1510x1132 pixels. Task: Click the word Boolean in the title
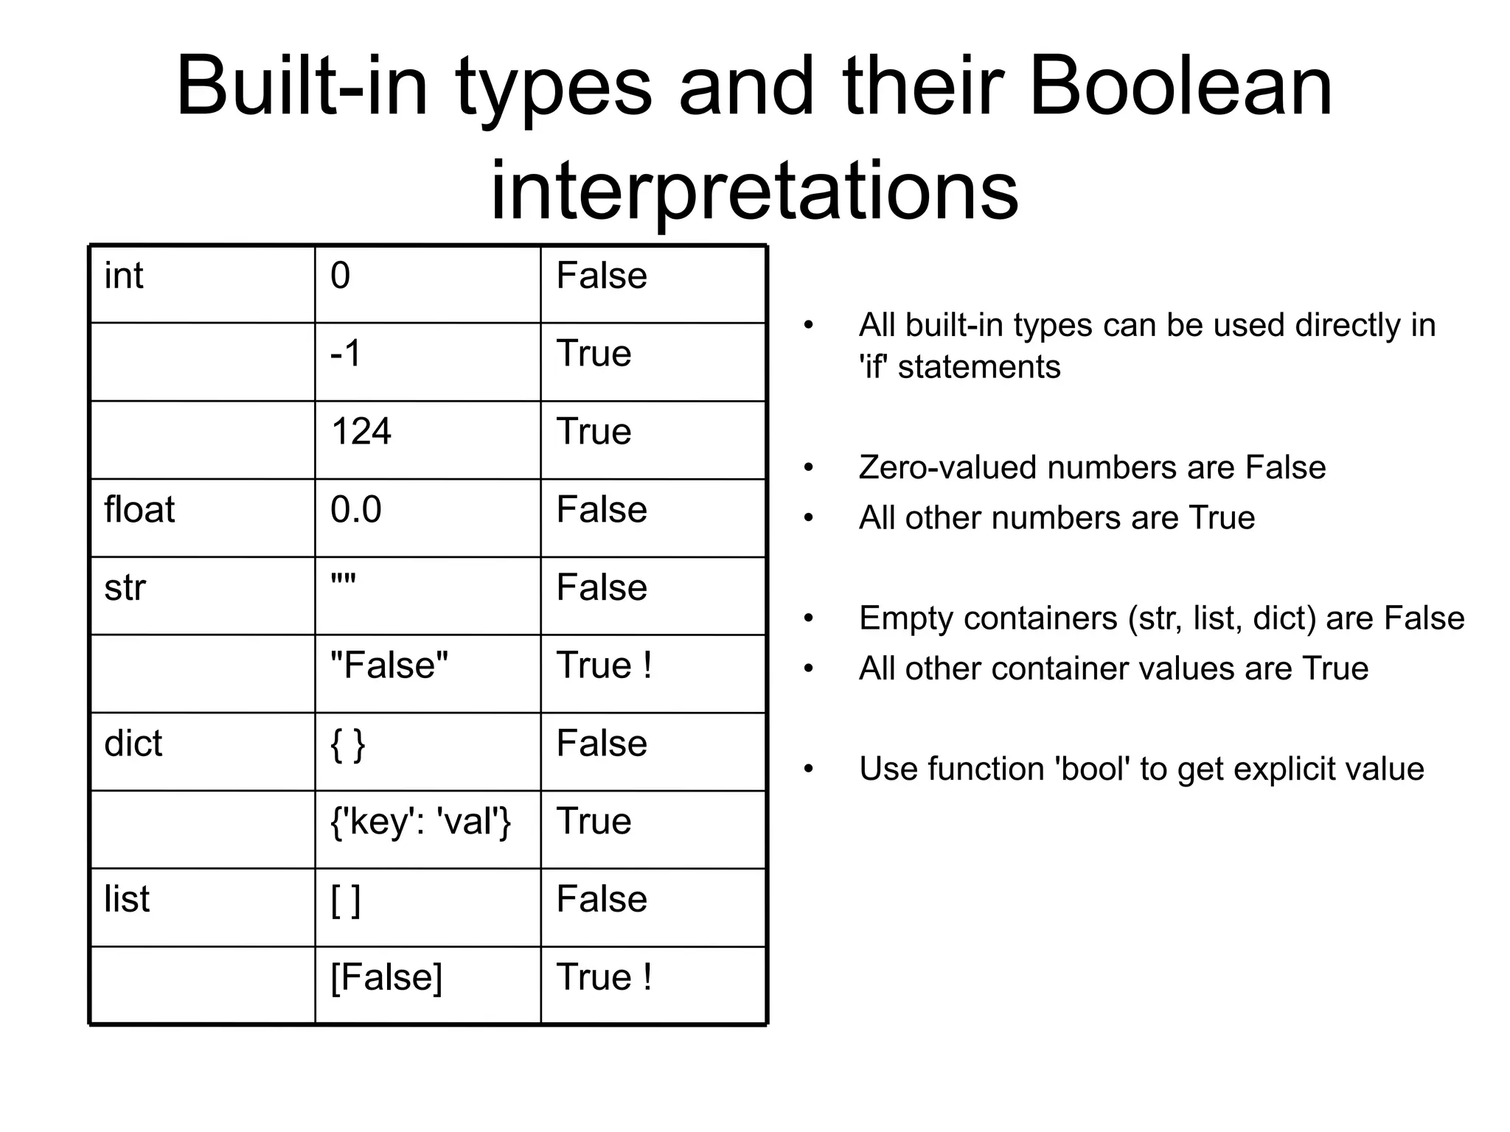click(x=1180, y=87)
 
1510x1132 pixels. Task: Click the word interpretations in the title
click(x=754, y=190)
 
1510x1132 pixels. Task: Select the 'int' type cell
click(x=124, y=276)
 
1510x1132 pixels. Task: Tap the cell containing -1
click(x=347, y=354)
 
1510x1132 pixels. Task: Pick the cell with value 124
click(x=361, y=432)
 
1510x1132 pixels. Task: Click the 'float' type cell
click(x=139, y=510)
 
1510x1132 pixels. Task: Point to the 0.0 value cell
click(x=356, y=510)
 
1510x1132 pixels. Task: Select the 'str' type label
click(x=125, y=588)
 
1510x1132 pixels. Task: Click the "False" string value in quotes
click(x=389, y=665)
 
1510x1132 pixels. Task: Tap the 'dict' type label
click(x=133, y=744)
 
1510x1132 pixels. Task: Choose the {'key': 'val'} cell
click(x=421, y=822)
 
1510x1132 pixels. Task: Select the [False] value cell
click(x=386, y=978)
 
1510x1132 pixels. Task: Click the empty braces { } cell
click(x=348, y=744)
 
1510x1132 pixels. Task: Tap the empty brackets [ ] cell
click(x=346, y=900)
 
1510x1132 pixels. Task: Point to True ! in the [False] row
click(x=604, y=978)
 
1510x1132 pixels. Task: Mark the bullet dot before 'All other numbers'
click(x=809, y=519)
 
